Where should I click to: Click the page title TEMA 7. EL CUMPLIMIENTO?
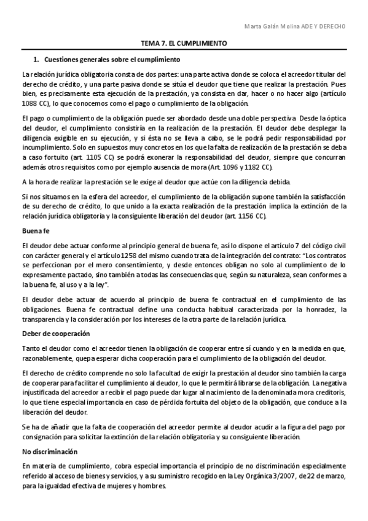click(184, 45)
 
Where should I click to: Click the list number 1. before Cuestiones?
click(36, 60)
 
